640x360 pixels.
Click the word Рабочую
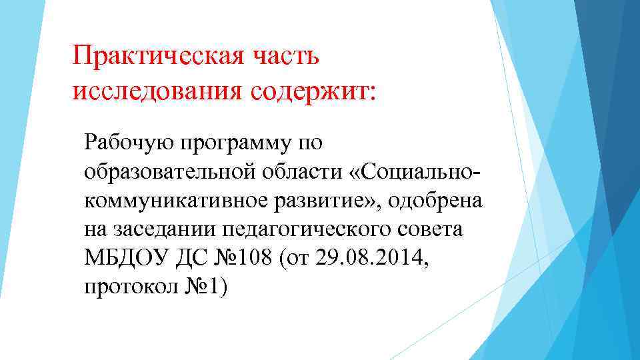pyautogui.click(x=126, y=141)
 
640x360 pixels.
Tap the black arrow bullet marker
pyautogui.click(x=76, y=143)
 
